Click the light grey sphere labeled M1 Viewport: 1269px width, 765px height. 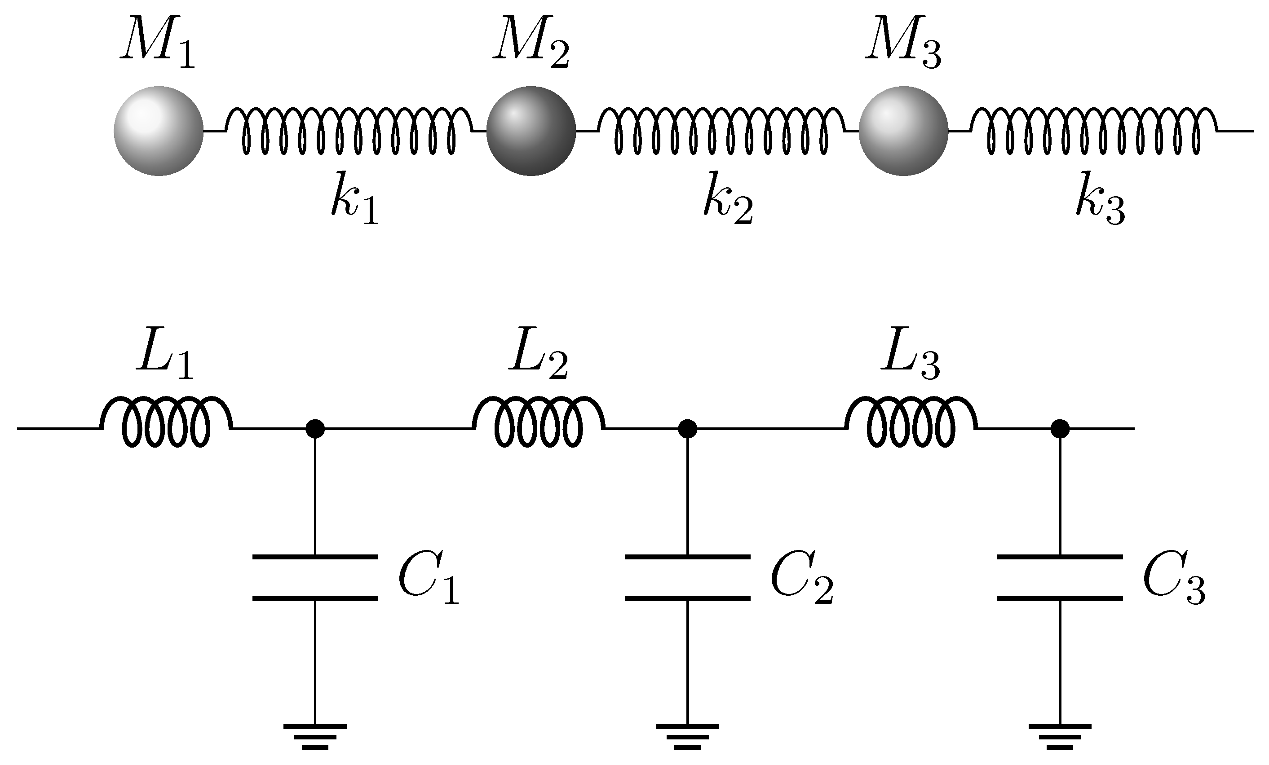pos(159,131)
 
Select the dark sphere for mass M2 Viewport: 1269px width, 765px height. pos(531,131)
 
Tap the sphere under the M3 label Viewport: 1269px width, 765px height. pos(903,131)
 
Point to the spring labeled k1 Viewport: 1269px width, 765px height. pos(349,131)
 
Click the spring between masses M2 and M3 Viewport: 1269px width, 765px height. pos(721,131)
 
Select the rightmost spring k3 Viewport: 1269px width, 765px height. pos(1093,131)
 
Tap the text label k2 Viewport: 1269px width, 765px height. pos(727,198)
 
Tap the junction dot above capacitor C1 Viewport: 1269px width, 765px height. pos(315,428)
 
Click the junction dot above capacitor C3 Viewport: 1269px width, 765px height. pos(1060,428)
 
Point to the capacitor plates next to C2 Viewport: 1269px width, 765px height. pos(688,578)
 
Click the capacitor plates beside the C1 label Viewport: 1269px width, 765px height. pos(315,578)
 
